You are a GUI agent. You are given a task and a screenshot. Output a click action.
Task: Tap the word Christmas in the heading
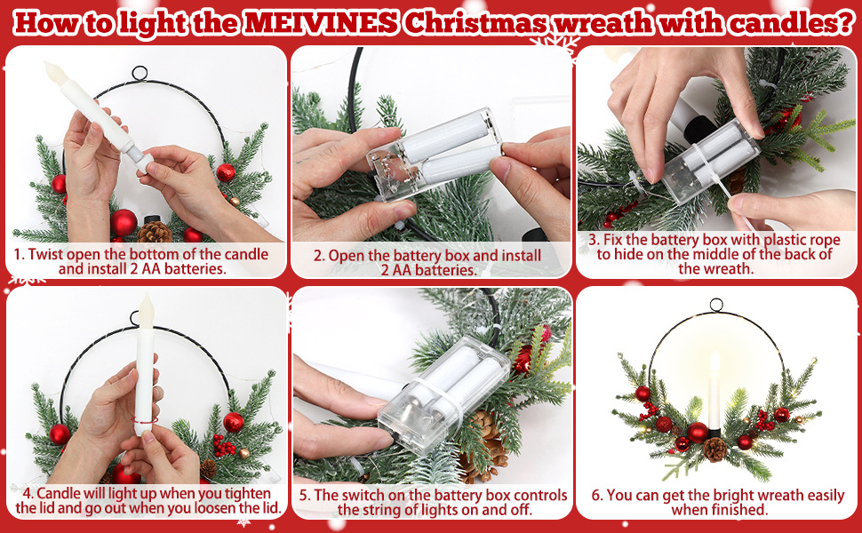[x=475, y=22]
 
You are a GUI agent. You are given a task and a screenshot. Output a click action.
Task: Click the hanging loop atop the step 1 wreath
[x=140, y=73]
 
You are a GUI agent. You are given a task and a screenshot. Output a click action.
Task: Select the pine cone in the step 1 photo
[x=155, y=232]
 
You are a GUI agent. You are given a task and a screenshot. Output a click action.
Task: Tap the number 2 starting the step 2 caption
[x=317, y=256]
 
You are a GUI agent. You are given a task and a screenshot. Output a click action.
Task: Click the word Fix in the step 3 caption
[x=612, y=240]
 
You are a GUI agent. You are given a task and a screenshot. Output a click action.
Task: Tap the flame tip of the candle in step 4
[x=147, y=297]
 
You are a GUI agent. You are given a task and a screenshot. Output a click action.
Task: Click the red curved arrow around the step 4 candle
[x=145, y=421]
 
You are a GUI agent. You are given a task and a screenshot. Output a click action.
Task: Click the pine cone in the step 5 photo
[x=484, y=445]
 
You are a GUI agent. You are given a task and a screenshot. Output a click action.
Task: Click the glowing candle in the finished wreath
[x=714, y=390]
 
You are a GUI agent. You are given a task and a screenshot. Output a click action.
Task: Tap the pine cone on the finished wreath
[x=714, y=449]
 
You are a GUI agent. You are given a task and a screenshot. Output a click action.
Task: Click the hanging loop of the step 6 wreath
[x=716, y=306]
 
